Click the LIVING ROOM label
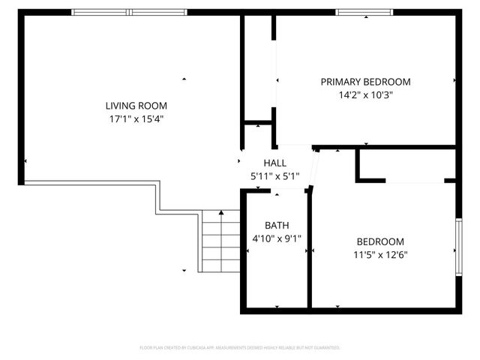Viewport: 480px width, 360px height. click(x=136, y=106)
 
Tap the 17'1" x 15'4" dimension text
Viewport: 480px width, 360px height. click(x=136, y=118)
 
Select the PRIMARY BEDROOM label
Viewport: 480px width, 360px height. click(x=365, y=82)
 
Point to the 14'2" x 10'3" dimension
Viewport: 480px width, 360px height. click(x=365, y=95)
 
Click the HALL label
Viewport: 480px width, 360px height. click(x=274, y=163)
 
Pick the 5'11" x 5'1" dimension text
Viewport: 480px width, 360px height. click(x=274, y=176)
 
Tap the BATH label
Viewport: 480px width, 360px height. click(x=274, y=226)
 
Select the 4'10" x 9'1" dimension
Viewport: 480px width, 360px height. click(x=274, y=239)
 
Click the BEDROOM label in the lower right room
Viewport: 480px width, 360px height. click(x=379, y=241)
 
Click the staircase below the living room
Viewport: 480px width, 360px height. click(x=219, y=241)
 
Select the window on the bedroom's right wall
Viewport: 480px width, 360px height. click(x=458, y=247)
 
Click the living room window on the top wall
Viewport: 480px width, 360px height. click(x=130, y=12)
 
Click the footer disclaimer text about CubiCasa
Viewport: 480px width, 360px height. click(x=240, y=348)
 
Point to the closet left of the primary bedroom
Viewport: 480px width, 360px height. click(x=258, y=67)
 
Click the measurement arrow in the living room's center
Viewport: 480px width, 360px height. click(x=184, y=78)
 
